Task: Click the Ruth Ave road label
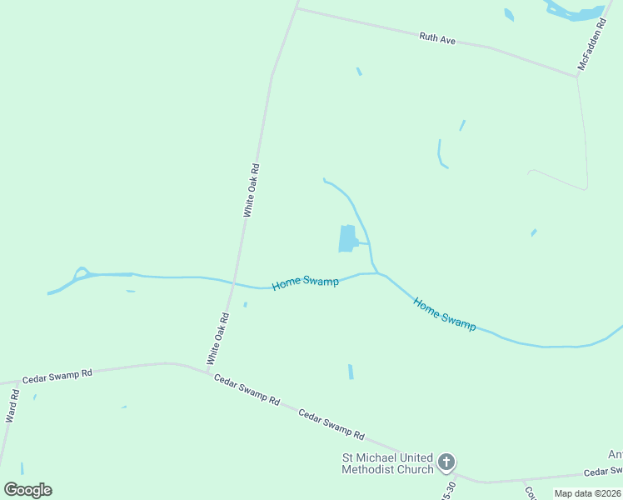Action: coord(437,38)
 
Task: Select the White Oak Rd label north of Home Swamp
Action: coord(252,191)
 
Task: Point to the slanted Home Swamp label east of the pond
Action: coord(445,315)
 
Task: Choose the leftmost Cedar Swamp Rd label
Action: coord(57,376)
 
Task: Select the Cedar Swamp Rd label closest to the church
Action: coord(331,424)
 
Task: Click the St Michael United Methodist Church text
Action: coord(388,463)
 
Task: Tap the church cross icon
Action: coord(446,462)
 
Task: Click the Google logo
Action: coord(27,490)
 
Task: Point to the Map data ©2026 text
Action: coord(587,493)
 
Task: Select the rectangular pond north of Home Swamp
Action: coord(347,238)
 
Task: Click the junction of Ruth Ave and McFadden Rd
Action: coord(576,77)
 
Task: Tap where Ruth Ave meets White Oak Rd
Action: coord(297,8)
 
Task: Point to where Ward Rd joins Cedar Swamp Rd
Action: coord(17,382)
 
